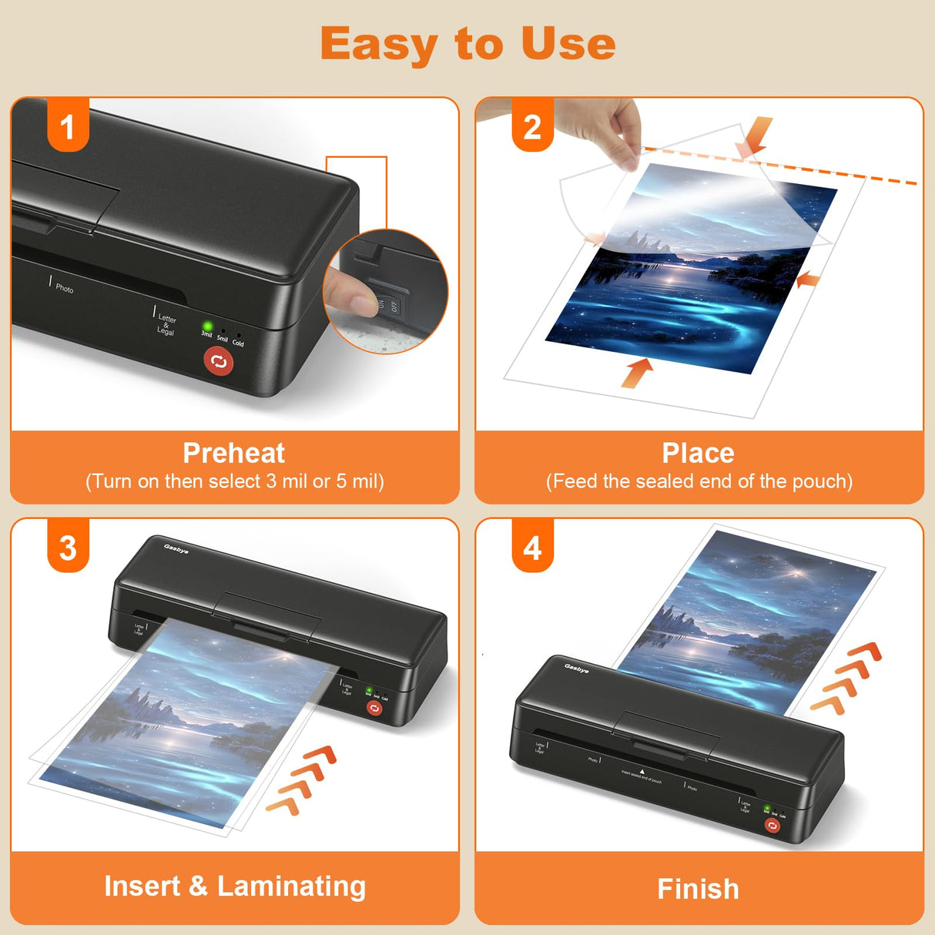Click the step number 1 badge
pyautogui.click(x=68, y=126)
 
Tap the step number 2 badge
pyautogui.click(x=532, y=126)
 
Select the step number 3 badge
pyautogui.click(x=68, y=548)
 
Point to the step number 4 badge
pyautogui.click(x=532, y=548)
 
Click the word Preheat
pyautogui.click(x=233, y=453)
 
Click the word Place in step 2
pyautogui.click(x=698, y=453)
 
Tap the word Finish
pyautogui.click(x=698, y=889)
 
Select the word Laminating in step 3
pyautogui.click(x=291, y=886)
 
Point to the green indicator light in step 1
pyautogui.click(x=207, y=327)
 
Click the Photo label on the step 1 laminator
pyautogui.click(x=65, y=288)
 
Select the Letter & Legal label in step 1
pyautogui.click(x=166, y=324)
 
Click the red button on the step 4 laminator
pyautogui.click(x=772, y=826)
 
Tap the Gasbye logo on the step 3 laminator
pyautogui.click(x=176, y=548)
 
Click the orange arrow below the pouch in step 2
pyautogui.click(x=637, y=372)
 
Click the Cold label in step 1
pyautogui.click(x=238, y=343)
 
